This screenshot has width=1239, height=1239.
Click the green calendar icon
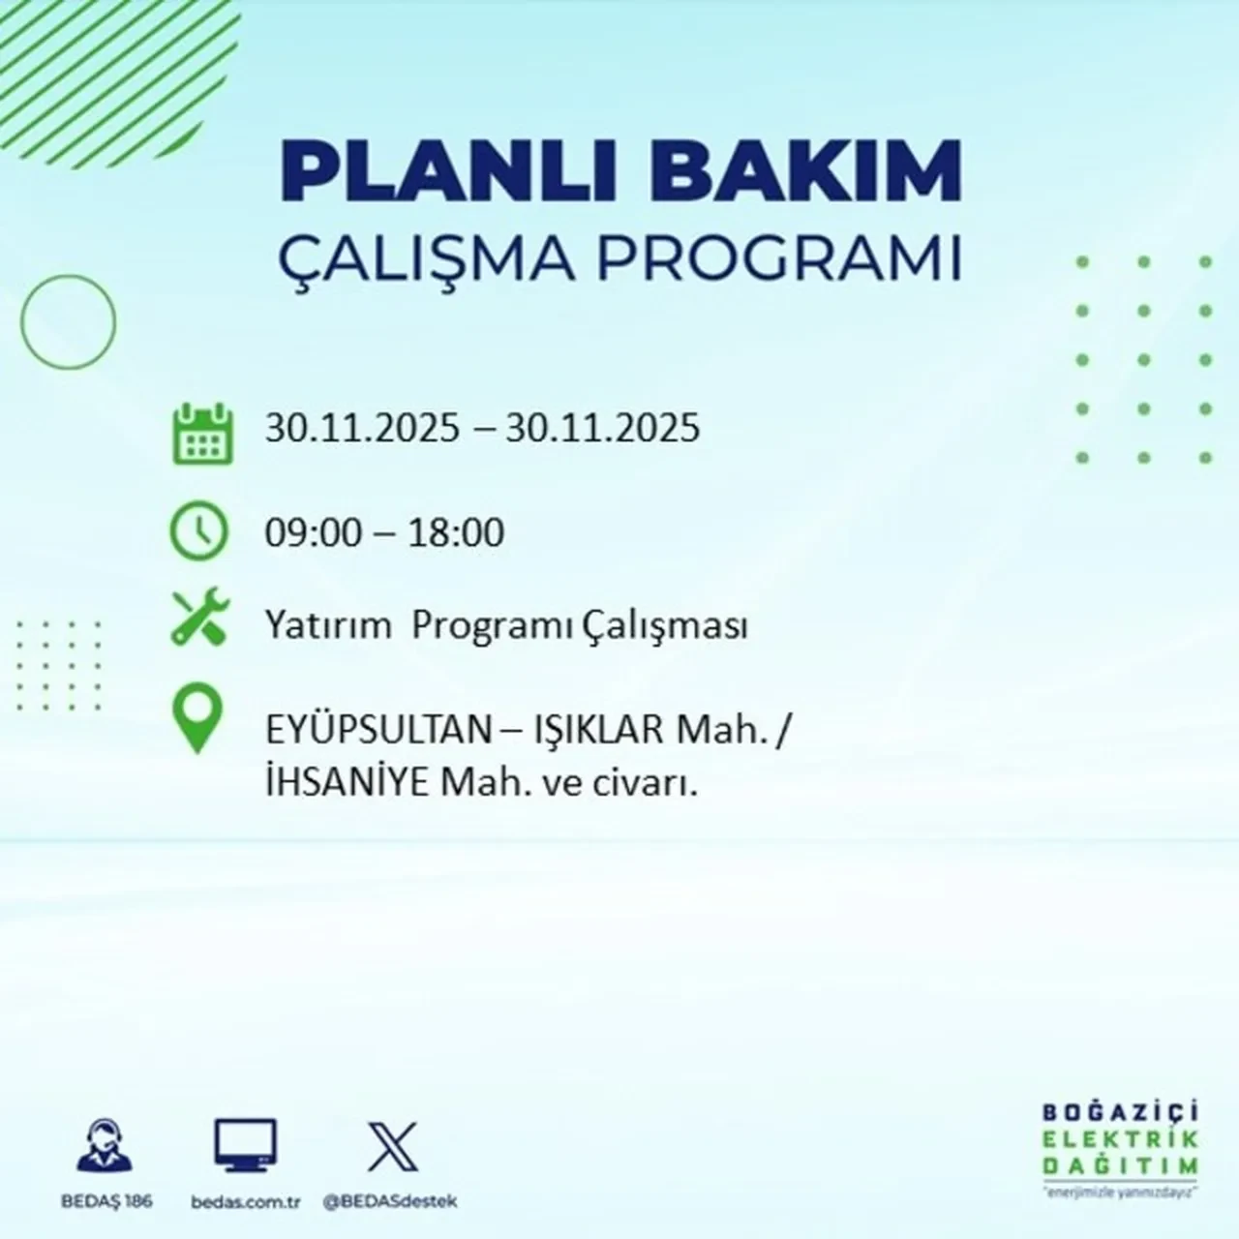[202, 433]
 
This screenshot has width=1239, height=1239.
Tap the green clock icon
[198, 531]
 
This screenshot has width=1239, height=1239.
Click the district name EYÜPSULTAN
[378, 731]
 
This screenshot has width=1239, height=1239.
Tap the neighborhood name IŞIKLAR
[597, 731]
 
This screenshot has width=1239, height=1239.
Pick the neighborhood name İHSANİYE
[347, 785]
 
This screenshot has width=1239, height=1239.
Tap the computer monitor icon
[245, 1146]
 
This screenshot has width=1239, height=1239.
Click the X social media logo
[392, 1146]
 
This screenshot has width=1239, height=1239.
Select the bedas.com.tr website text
[246, 1201]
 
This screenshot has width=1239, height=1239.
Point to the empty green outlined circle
[68, 322]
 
